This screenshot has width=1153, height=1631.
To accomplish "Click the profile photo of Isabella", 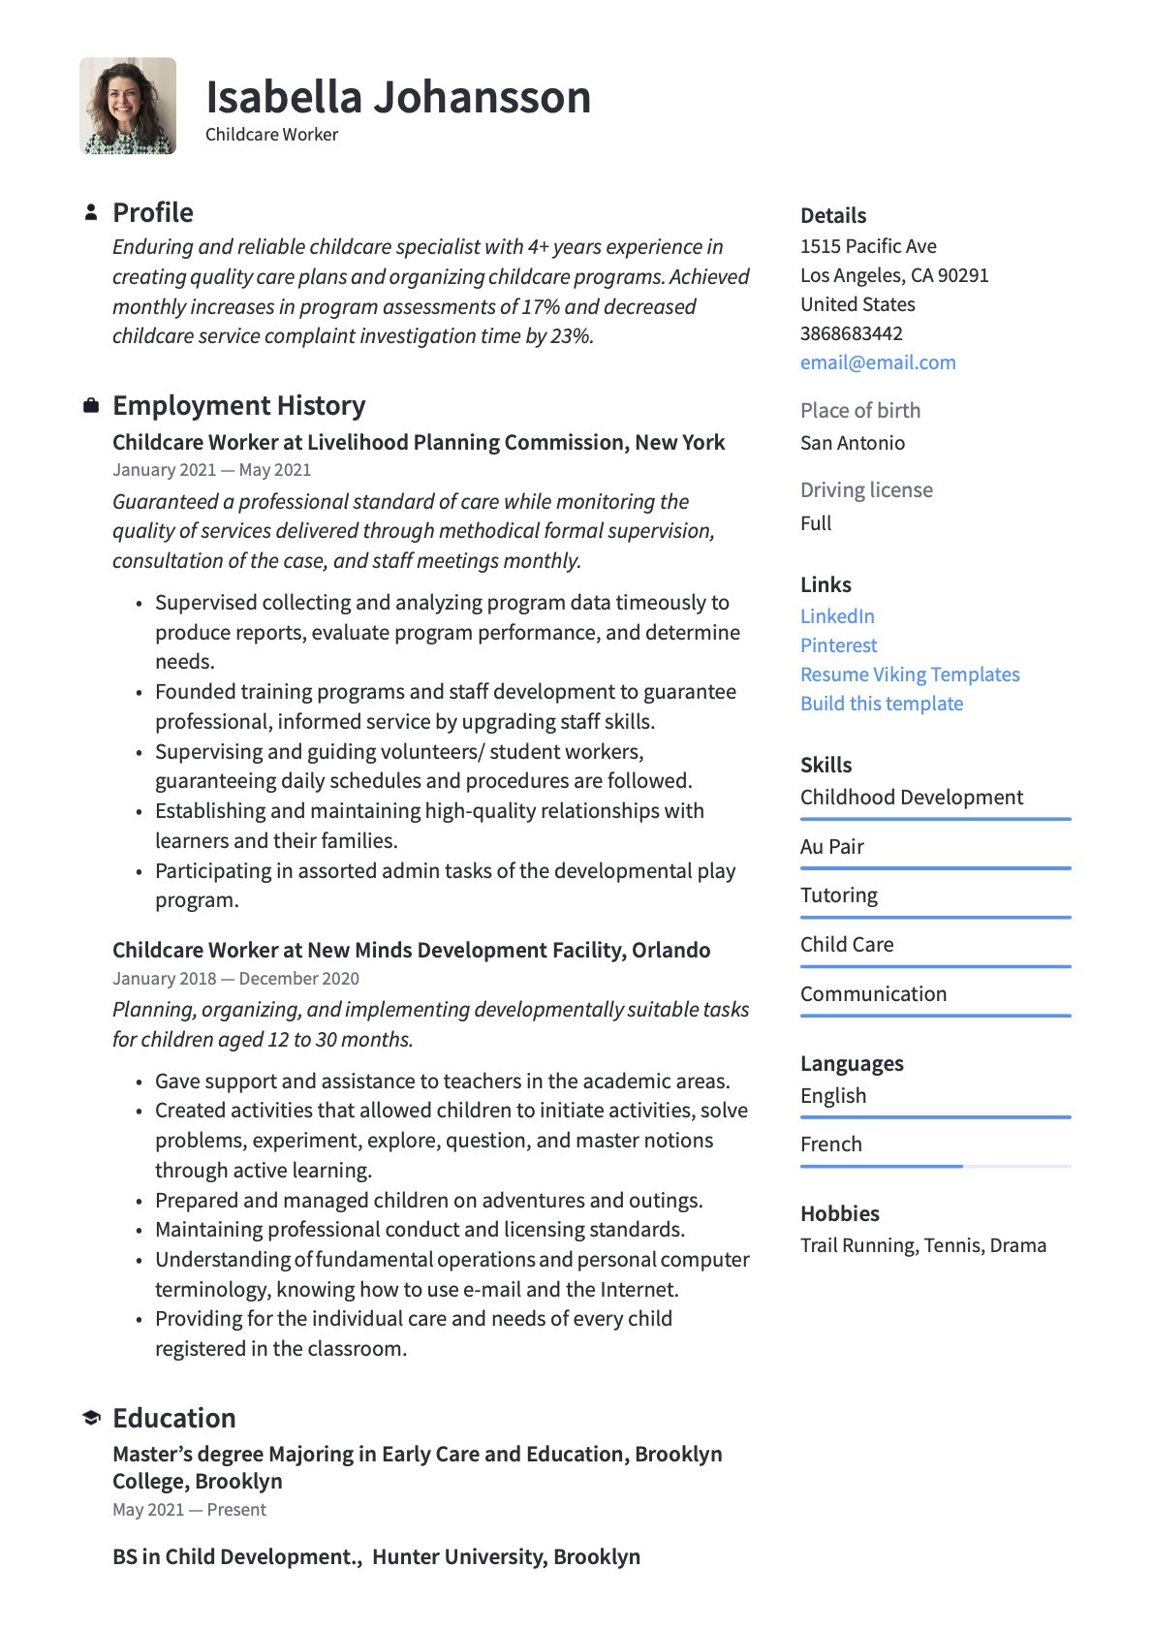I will click(128, 106).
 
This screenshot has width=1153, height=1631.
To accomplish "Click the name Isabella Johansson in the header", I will click(397, 98).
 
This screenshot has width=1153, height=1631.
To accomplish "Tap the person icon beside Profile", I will click(91, 211).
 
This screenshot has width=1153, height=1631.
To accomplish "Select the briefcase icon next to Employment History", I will click(91, 405).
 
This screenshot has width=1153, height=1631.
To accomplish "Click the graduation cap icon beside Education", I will click(91, 1418).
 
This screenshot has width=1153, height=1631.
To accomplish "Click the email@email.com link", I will click(877, 362).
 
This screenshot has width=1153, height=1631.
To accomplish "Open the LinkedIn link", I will click(837, 616).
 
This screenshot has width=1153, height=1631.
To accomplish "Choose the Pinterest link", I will click(838, 645).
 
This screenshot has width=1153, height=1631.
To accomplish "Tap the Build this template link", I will click(881, 704).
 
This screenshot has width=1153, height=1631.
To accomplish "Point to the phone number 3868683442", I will click(851, 333).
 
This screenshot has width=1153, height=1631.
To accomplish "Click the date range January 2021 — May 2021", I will click(211, 470).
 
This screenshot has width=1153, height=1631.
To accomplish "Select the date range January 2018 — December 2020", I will click(235, 979).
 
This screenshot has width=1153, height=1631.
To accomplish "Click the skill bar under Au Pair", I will click(935, 868).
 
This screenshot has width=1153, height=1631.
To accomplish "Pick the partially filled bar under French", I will click(881, 1166).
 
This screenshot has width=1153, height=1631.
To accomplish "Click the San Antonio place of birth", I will click(852, 443).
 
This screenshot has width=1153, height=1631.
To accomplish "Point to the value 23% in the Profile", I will click(570, 336).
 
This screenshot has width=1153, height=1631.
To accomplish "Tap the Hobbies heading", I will click(839, 1213).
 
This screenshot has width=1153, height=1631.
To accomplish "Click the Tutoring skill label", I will click(838, 895).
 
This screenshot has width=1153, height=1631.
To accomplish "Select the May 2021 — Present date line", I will click(189, 1510).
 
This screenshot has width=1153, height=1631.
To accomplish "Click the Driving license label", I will click(866, 490).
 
